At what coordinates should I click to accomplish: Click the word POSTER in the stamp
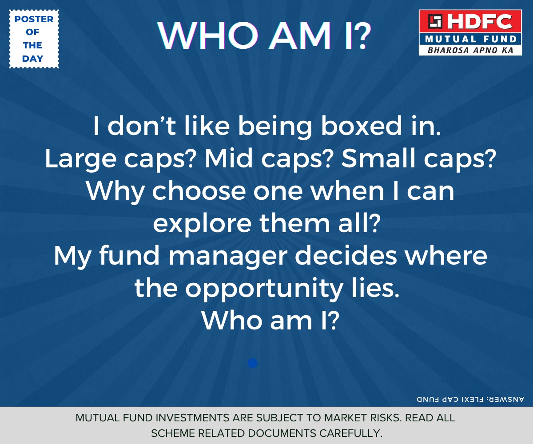coord(34,19)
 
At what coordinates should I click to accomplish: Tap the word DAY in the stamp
coord(33,59)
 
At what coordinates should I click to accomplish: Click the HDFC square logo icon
coord(435,21)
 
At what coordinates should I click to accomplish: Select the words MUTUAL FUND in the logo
coord(470,40)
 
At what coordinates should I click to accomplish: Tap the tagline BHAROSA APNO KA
coord(470,50)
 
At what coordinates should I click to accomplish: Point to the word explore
coord(202,225)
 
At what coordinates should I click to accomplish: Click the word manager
coord(228,257)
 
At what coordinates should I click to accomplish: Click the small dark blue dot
coord(252,363)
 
